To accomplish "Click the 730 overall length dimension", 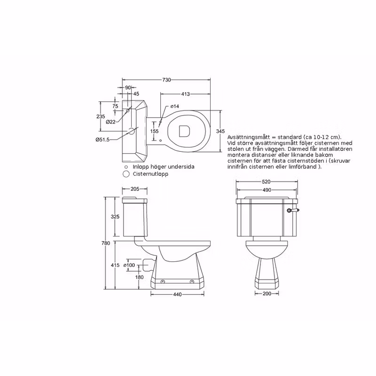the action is (x=167, y=79).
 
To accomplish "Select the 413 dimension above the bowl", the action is (x=185, y=94).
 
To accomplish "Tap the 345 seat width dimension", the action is (x=220, y=131).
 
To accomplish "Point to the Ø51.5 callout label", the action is (x=102, y=139).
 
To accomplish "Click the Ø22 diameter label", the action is (x=110, y=122).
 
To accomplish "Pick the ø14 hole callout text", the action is (x=174, y=106).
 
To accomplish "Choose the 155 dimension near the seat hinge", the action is (x=155, y=131).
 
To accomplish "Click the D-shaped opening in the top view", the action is (x=184, y=131).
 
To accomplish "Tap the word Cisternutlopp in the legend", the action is (x=150, y=174).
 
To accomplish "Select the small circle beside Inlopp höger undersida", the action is (x=126, y=167).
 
